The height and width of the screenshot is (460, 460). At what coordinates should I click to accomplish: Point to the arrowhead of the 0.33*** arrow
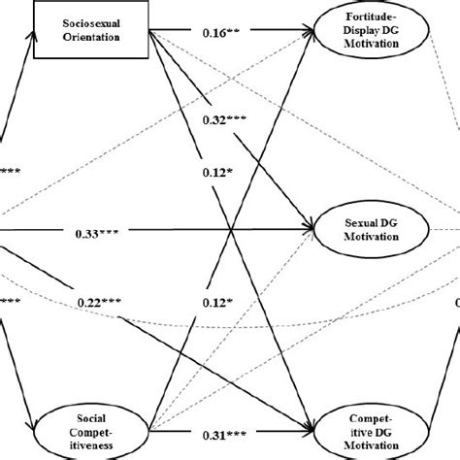pos(313,231)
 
